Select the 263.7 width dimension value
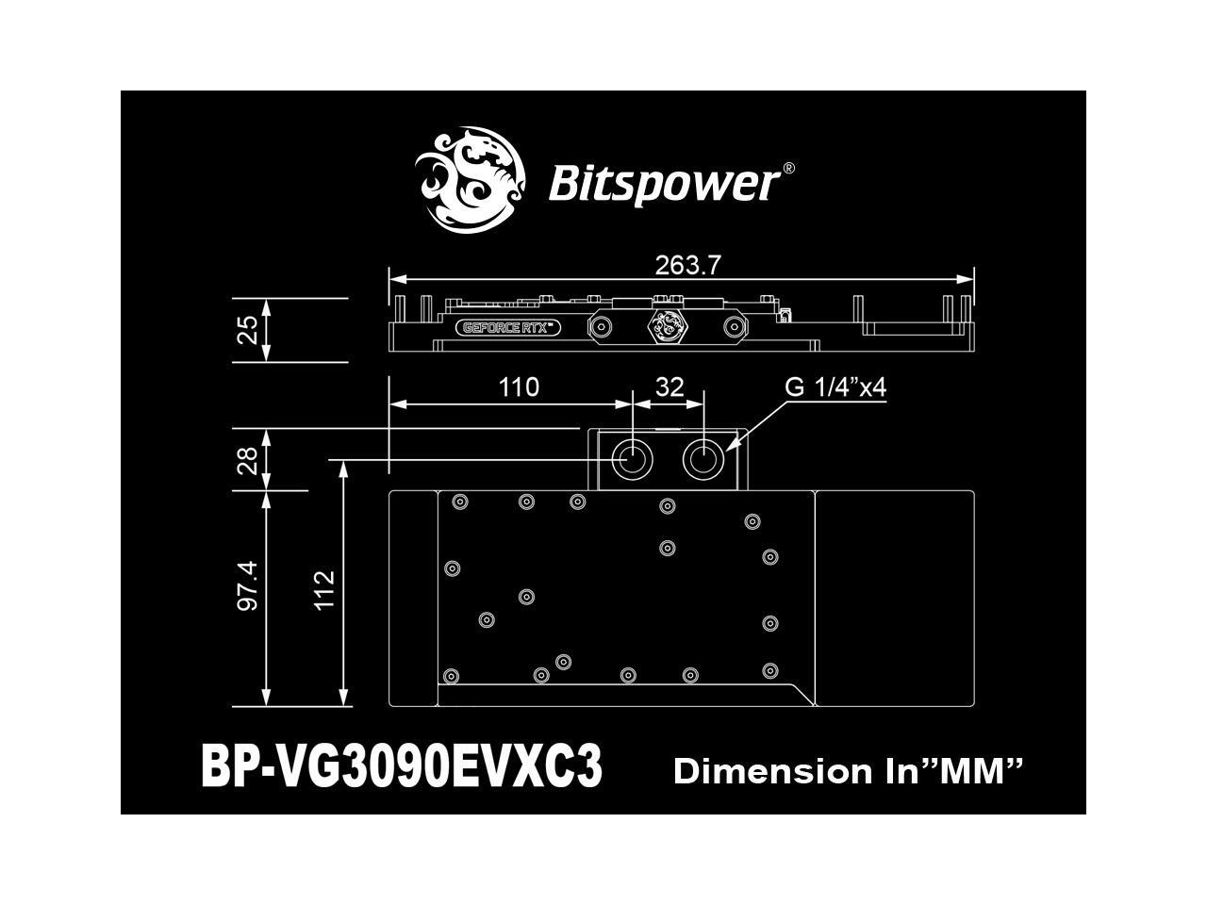[687, 266]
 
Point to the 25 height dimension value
[247, 329]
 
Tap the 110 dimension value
[518, 387]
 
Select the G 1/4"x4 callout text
[835, 387]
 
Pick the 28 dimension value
[247, 460]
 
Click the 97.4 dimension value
[247, 584]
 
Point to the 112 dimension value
[324, 589]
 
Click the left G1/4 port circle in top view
[630, 460]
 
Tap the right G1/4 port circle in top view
[703, 460]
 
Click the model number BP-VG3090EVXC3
[402, 768]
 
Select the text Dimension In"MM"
[849, 771]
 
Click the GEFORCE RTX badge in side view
[510, 328]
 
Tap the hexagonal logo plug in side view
[667, 326]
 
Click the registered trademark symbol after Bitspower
[788, 168]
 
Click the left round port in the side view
[600, 327]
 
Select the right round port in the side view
[734, 327]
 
